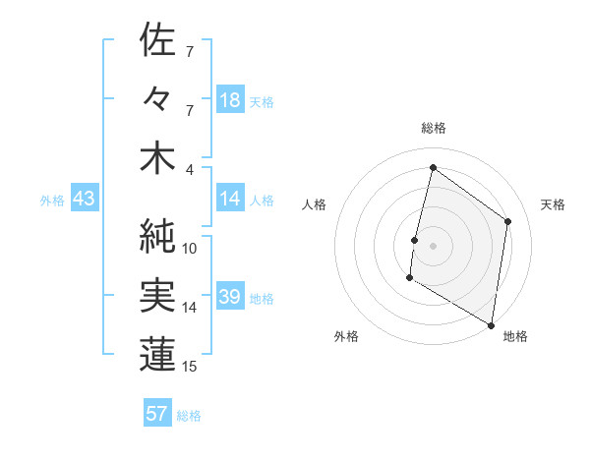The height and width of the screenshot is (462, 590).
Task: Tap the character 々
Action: pos(157,100)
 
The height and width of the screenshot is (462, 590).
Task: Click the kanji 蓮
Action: pos(157,356)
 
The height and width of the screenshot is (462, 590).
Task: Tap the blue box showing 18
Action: pos(230,100)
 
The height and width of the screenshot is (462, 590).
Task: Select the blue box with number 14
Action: pos(230,200)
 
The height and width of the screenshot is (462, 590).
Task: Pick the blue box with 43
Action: pos(85,200)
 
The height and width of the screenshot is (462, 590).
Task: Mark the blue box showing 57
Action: pos(157,414)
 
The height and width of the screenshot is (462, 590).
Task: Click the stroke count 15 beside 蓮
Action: pos(190,367)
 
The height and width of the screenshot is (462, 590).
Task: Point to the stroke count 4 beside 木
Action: pos(190,169)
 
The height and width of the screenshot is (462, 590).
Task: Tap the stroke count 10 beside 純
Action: pos(190,248)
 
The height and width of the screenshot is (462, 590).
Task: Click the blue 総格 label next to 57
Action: pos(190,416)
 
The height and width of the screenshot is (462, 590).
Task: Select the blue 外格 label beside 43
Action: pos(52,201)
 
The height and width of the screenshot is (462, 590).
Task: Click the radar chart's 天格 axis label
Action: pos(553,204)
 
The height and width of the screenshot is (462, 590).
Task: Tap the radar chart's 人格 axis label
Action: pos(314,204)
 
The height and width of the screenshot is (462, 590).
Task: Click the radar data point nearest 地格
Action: pos(491,323)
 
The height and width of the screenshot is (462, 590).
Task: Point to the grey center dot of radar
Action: pos(433,245)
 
